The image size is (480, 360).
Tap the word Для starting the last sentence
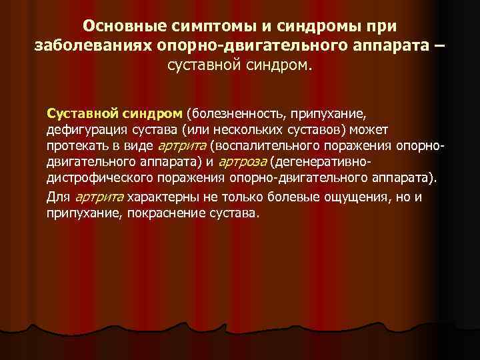[x=58, y=197]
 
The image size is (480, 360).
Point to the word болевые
[x=292, y=197]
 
